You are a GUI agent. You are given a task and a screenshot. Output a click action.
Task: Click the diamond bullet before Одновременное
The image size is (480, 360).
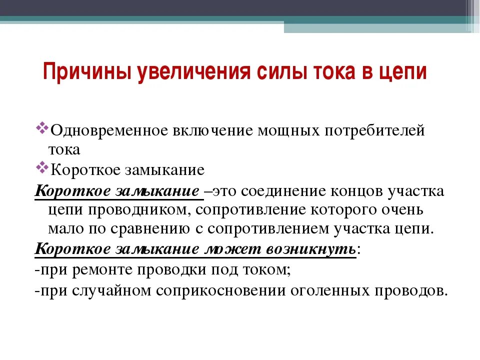click(x=42, y=127)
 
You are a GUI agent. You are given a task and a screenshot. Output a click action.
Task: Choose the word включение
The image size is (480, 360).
click(x=213, y=130)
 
